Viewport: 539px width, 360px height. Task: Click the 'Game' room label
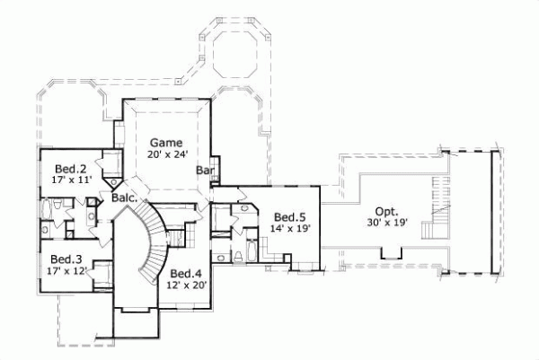point(166,142)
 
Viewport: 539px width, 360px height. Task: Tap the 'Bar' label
point(204,169)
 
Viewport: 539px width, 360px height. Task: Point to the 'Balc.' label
point(124,198)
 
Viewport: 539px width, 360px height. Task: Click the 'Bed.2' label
point(70,168)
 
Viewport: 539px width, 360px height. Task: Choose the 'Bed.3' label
point(66,259)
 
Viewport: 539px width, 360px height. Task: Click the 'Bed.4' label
point(185,273)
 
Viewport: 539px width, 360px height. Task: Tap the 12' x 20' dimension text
point(186,285)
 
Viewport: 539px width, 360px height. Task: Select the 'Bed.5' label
point(290,216)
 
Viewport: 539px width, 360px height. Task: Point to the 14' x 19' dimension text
point(291,229)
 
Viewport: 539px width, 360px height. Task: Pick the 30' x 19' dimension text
point(388,222)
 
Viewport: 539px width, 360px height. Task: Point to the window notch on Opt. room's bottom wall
point(390,254)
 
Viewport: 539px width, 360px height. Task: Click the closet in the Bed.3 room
point(101,271)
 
